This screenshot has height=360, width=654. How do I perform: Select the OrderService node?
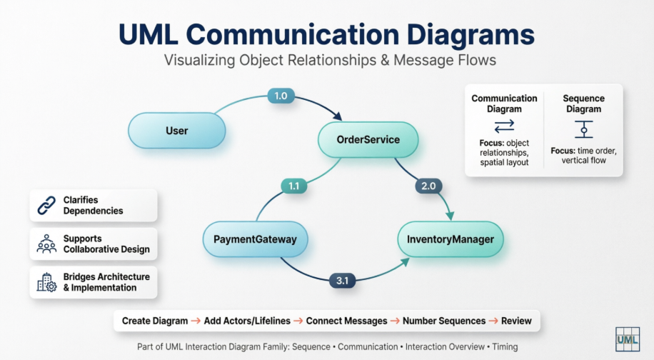(368, 139)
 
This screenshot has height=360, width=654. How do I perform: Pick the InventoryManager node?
(451, 239)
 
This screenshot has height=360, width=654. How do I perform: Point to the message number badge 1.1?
(293, 186)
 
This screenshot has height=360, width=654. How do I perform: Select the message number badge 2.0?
(428, 186)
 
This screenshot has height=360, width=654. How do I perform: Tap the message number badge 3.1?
(341, 281)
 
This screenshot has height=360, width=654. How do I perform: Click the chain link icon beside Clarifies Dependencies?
(46, 205)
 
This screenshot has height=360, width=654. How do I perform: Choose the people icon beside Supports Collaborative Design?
(46, 244)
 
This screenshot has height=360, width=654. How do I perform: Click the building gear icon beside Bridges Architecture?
(46, 282)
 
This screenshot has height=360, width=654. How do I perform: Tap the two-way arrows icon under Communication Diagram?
(504, 126)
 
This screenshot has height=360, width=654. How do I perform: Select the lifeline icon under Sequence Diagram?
(583, 129)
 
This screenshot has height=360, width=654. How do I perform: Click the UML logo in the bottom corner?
(626, 340)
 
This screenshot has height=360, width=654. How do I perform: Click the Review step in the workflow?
(516, 321)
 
